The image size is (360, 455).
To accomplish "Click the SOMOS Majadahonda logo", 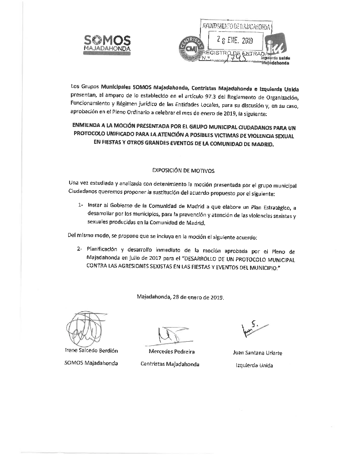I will pos(108,44).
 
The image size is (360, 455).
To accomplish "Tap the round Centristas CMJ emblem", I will pos(190,49).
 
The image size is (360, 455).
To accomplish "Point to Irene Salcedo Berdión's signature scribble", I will pos(83,329).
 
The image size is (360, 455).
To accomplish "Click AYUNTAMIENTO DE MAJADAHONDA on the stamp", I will pos(236,27).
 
